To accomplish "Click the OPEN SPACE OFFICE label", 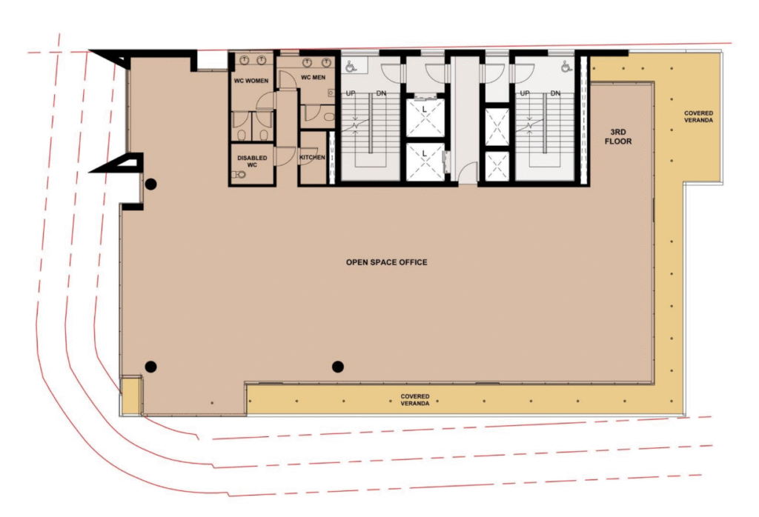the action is click(x=386, y=262).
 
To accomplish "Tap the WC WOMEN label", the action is click(x=251, y=81).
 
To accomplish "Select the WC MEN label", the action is click(x=314, y=77).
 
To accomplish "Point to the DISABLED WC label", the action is click(x=252, y=161).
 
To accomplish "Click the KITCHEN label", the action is click(x=312, y=157).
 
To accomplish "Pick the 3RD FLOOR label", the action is click(x=618, y=136).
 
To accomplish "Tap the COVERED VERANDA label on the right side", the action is click(x=698, y=116).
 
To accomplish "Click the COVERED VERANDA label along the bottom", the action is click(x=415, y=399).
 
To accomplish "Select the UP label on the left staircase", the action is click(x=351, y=93).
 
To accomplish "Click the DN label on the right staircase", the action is click(x=555, y=93).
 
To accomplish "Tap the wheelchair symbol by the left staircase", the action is click(x=351, y=66).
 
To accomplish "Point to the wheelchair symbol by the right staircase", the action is click(x=566, y=66).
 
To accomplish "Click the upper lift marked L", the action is click(x=425, y=116).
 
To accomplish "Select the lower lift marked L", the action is click(x=425, y=161).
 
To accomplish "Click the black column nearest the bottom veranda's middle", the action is click(x=338, y=367).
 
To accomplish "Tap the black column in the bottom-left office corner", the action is click(x=151, y=367).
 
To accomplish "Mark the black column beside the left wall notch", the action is click(x=151, y=184).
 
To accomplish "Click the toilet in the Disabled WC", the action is click(x=239, y=174).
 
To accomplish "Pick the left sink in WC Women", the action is click(x=245, y=60).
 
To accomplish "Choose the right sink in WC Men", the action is click(x=326, y=62).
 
